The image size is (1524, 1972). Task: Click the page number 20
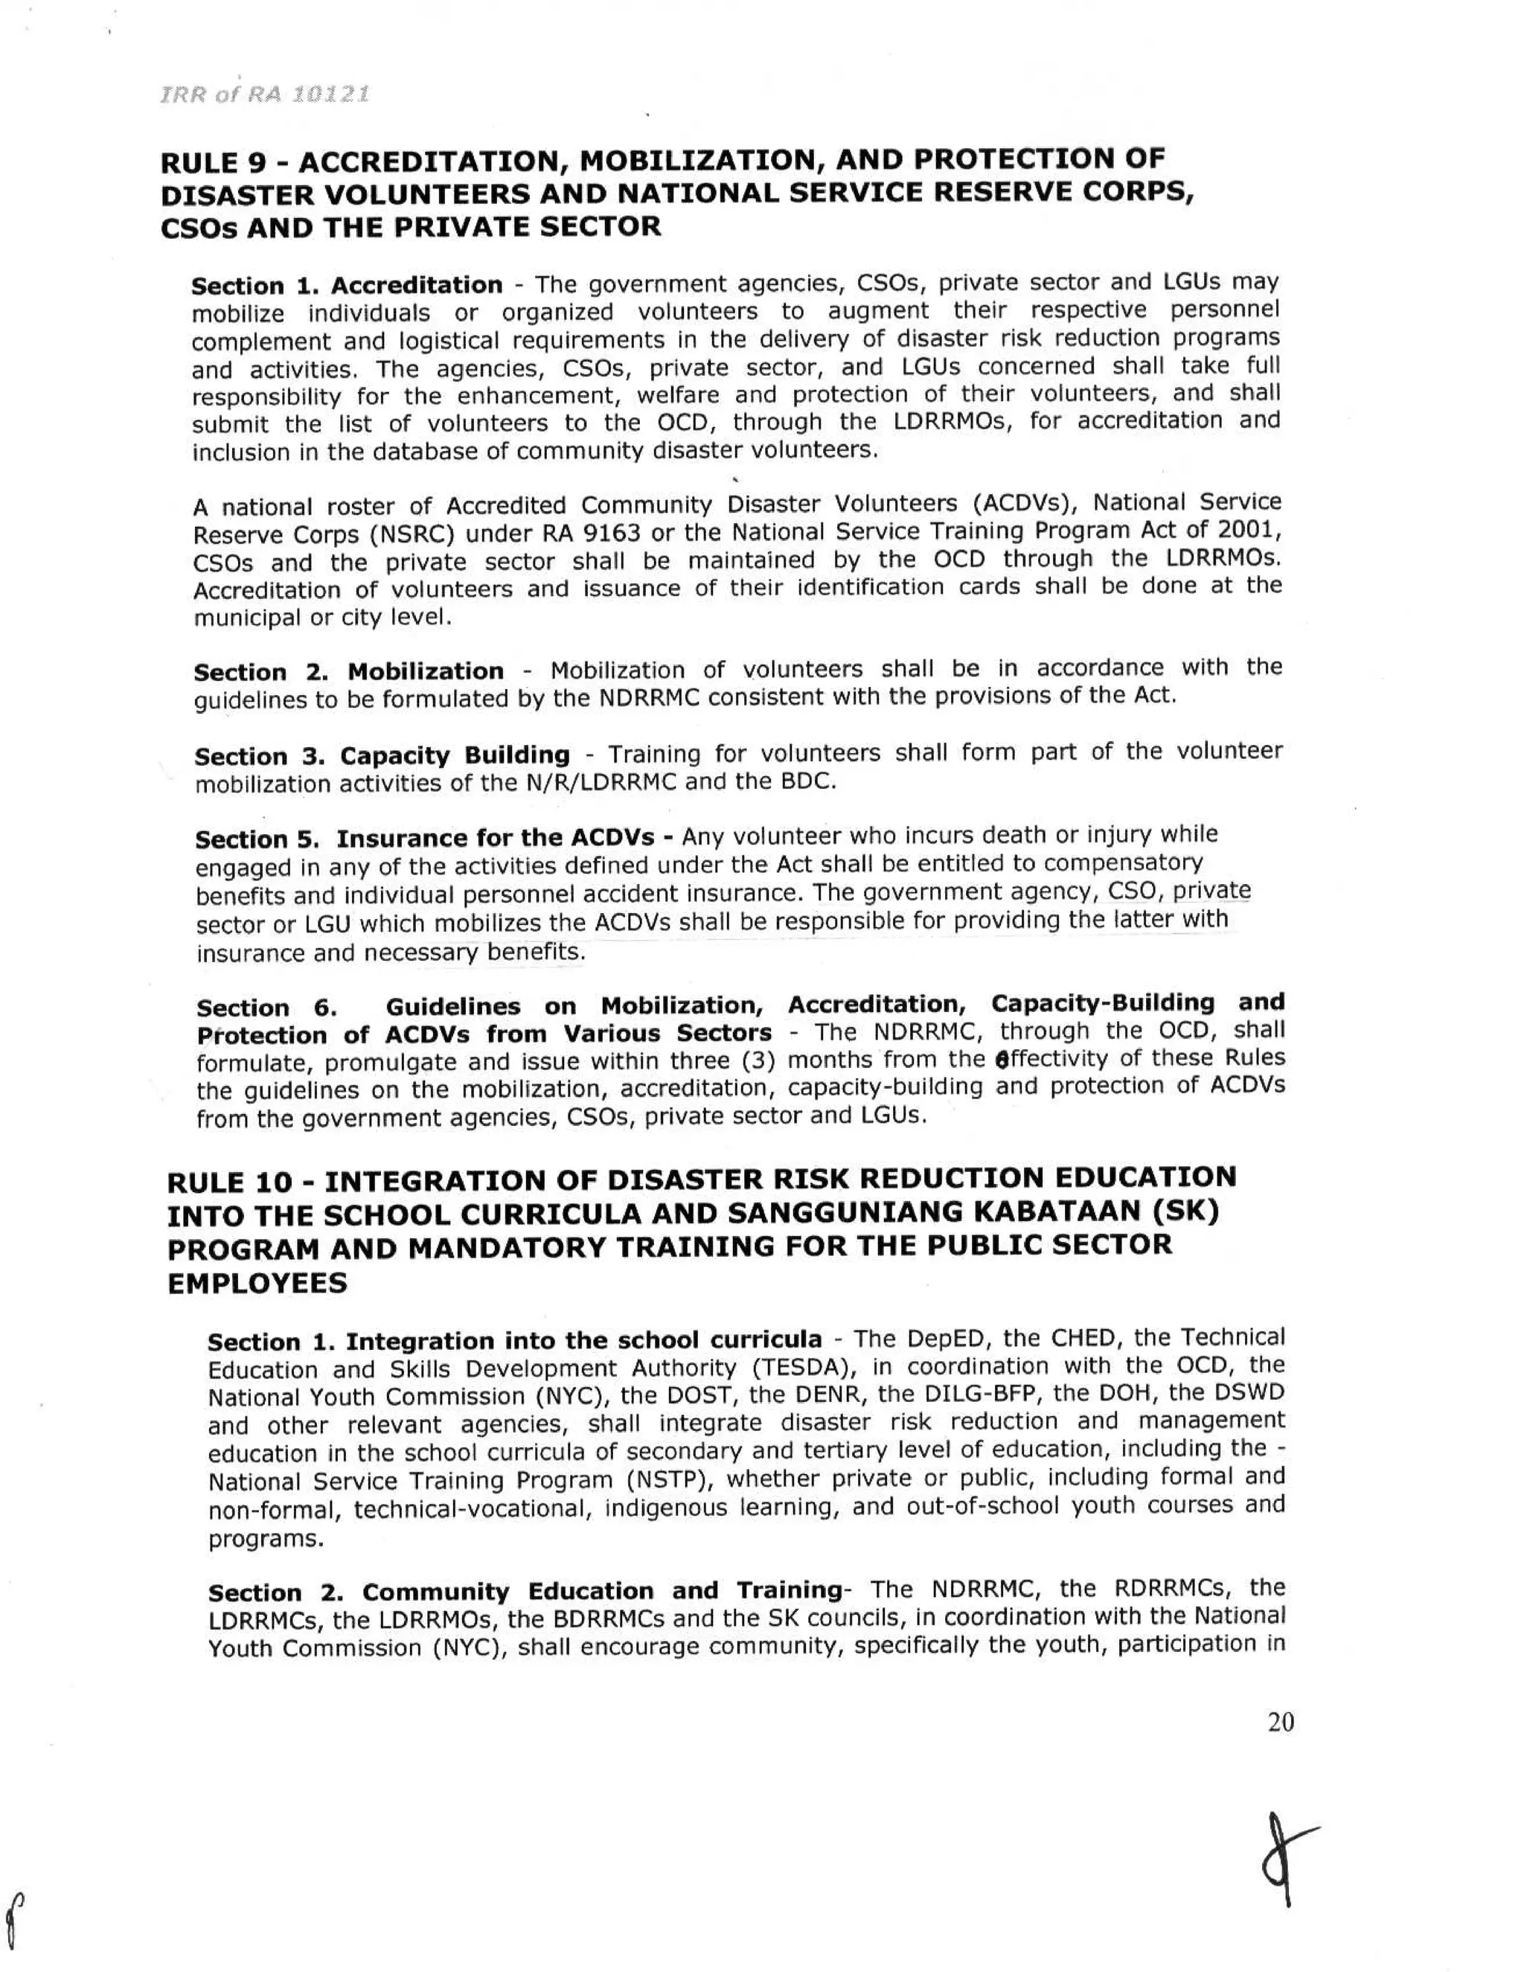1280,1722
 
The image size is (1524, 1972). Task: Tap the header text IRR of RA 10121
264,95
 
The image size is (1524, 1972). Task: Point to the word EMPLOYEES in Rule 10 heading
257,1284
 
